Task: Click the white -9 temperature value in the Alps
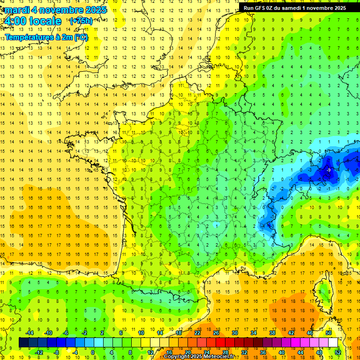tap(329, 170)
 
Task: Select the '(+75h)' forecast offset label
tap(81, 21)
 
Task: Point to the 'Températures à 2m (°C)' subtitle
tap(46, 37)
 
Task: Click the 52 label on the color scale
tap(338, 352)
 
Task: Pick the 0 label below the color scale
tap(93, 352)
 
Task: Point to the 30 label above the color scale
tap(234, 332)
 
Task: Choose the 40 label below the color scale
tap(282, 352)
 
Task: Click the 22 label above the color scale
tap(197, 332)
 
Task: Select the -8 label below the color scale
tap(56, 352)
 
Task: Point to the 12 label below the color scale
tap(150, 352)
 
